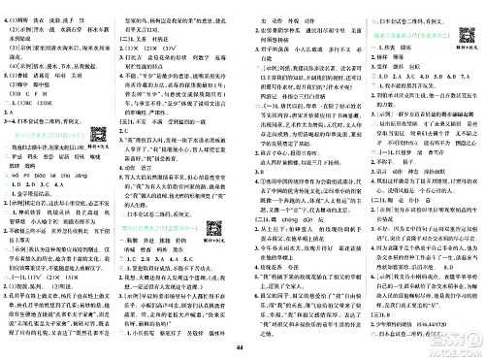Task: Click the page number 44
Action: pyautogui.click(x=242, y=348)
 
